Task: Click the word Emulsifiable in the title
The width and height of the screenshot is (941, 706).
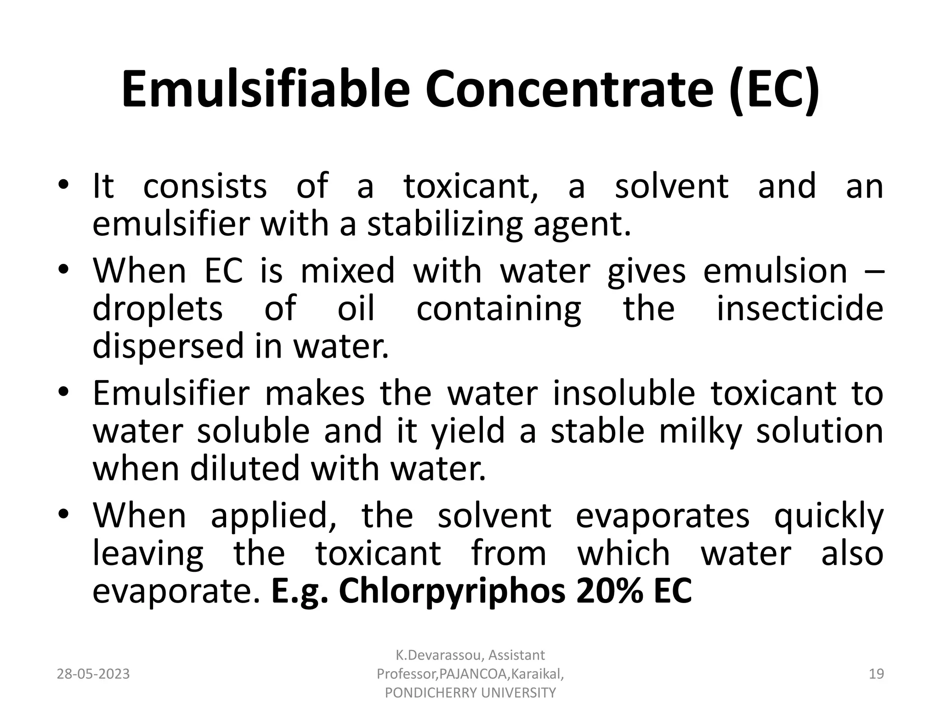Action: pyautogui.click(x=266, y=90)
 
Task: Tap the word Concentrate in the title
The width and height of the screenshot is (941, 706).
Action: pyautogui.click(x=570, y=90)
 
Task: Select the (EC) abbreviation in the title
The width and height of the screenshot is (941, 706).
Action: pyautogui.click(x=774, y=90)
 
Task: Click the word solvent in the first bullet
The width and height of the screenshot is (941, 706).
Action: pyautogui.click(x=672, y=186)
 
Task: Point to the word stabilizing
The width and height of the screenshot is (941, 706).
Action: pyautogui.click(x=445, y=224)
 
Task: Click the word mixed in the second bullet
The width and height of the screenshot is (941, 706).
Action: pyautogui.click(x=347, y=271)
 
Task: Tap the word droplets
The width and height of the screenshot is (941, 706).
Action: pyautogui.click(x=158, y=309)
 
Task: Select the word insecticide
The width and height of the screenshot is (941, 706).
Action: pyautogui.click(x=800, y=308)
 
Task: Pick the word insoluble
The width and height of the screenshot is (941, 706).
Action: pyautogui.click(x=624, y=393)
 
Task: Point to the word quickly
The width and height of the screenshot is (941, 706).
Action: pyautogui.click(x=829, y=516)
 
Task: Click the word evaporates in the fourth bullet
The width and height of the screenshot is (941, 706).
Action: pyautogui.click(x=663, y=516)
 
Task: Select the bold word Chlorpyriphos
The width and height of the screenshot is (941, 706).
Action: pyautogui.click(x=452, y=592)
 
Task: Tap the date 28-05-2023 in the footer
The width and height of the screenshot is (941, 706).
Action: pyautogui.click(x=93, y=674)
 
